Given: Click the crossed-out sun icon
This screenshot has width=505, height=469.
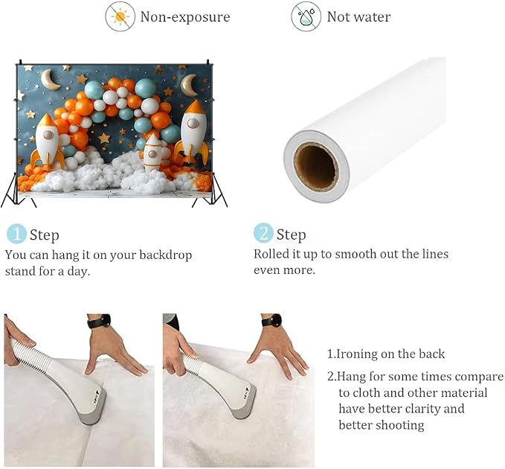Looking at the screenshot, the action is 120,17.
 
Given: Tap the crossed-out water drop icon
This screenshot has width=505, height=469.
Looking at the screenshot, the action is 306,17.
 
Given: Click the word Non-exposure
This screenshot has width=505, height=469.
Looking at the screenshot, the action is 185,17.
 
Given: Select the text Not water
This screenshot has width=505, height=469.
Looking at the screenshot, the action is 358,17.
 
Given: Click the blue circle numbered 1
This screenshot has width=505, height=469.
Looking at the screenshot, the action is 16,234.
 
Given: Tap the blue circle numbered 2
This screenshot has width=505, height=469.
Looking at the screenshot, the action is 263,233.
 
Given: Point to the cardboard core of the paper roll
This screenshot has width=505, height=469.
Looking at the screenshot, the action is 316,167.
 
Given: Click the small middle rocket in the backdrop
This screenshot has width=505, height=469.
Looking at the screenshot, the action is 152,153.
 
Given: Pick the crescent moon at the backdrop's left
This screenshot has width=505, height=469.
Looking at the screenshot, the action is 51,80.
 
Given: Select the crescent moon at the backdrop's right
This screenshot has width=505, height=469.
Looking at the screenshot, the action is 189,85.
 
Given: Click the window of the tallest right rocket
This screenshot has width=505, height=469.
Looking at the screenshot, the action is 193,124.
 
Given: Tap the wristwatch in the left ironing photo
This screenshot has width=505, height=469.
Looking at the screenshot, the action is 100,321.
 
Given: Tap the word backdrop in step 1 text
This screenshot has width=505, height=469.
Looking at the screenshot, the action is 166,255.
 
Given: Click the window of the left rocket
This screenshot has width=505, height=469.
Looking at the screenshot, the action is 48,135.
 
